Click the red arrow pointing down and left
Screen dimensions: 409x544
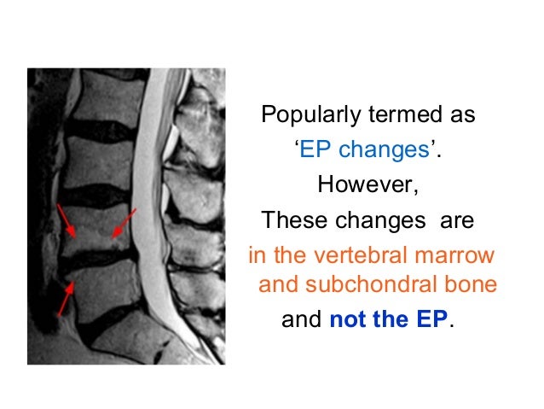(x=123, y=225)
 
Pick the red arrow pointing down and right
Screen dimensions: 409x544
(x=67, y=220)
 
